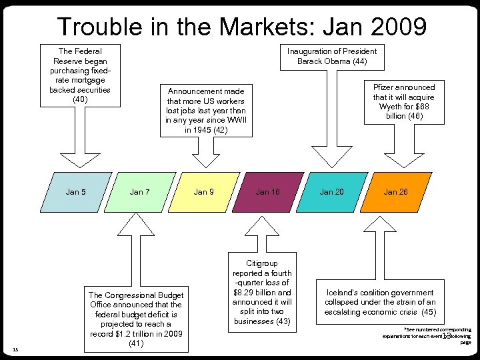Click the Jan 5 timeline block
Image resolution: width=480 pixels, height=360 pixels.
pyautogui.click(x=75, y=192)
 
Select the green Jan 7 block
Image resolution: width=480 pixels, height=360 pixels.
pyautogui.click(x=139, y=192)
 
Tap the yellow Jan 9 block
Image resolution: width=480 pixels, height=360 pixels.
pyautogui.click(x=203, y=192)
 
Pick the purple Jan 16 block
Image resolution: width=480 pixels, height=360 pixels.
pyautogui.click(x=267, y=192)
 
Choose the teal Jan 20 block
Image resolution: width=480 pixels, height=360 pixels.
pyautogui.click(x=331, y=192)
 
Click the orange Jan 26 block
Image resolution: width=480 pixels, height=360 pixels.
pyautogui.click(x=395, y=192)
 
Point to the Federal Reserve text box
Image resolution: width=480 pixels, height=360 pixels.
pyautogui.click(x=79, y=75)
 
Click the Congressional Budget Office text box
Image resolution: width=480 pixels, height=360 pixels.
pyautogui.click(x=136, y=319)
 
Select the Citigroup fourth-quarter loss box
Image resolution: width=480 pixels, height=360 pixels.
pyautogui.click(x=262, y=292)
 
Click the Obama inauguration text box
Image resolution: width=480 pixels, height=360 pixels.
pyautogui.click(x=331, y=56)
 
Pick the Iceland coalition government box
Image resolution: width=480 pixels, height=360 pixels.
pyautogui.click(x=380, y=302)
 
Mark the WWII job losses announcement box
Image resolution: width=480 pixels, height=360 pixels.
pyautogui.click(x=206, y=110)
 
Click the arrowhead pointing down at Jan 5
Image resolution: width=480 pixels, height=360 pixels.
pyautogui.click(x=79, y=160)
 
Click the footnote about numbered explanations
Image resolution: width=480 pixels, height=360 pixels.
pyautogui.click(x=427, y=335)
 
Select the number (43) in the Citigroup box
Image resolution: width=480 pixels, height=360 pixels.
pyautogui.click(x=283, y=321)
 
